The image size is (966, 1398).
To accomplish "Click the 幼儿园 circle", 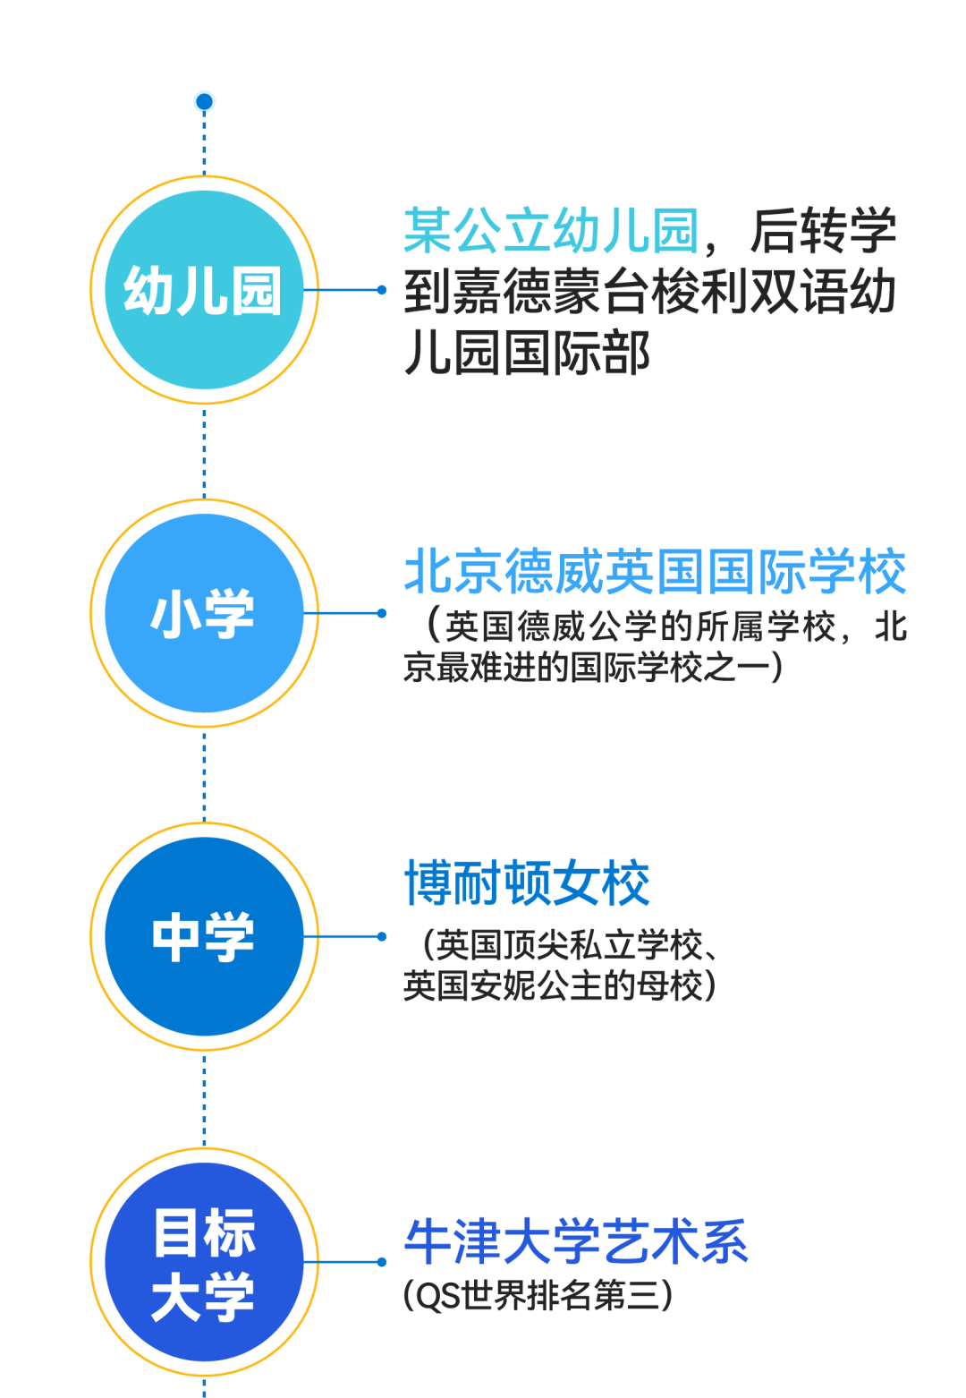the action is click(204, 290).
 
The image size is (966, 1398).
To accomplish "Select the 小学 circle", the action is click(204, 613).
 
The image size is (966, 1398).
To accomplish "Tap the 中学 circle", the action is click(204, 936).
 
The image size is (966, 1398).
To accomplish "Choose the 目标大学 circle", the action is click(204, 1262).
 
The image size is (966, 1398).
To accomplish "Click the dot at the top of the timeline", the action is click(204, 101).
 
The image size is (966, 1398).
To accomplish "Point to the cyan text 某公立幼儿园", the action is click(551, 230).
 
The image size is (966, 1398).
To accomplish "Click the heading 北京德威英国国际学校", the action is click(655, 571).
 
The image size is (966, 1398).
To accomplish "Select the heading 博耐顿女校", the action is click(527, 882).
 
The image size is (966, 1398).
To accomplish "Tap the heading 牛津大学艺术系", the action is click(576, 1242).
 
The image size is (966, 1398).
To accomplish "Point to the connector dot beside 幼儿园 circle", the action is click(382, 290).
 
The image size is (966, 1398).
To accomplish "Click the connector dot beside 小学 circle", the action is click(382, 613).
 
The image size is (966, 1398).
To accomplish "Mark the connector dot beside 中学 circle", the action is click(382, 936).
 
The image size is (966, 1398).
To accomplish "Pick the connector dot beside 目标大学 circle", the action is click(382, 1262).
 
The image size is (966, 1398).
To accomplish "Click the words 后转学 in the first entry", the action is click(823, 230).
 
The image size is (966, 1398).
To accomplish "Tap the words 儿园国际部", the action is click(527, 354).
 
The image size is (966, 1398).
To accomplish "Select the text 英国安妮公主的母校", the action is click(552, 985).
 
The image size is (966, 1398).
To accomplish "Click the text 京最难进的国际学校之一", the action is click(586, 667).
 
